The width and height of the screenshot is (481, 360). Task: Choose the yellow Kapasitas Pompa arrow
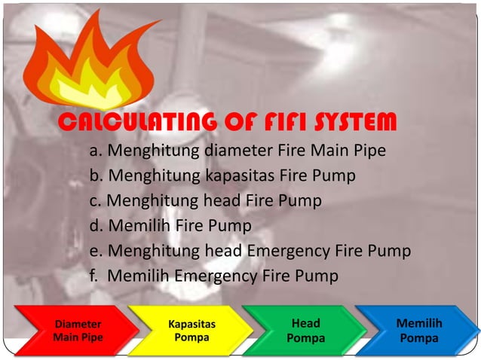[x=191, y=331]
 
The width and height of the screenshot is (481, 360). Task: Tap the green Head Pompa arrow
[x=305, y=331]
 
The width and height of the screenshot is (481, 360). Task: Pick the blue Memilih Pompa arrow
[x=418, y=331]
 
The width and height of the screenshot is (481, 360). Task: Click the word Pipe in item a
[x=367, y=151]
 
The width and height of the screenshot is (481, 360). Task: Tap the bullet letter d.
[x=94, y=226]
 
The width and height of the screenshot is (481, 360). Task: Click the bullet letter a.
[x=94, y=151]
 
